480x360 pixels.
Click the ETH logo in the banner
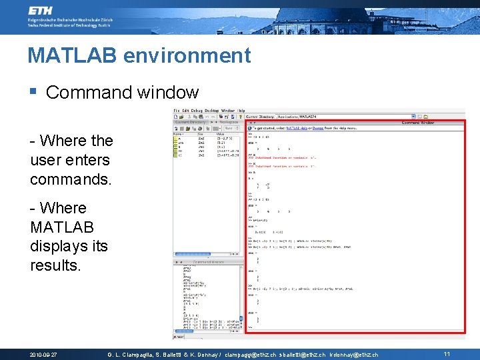(41, 11)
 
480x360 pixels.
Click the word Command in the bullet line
(83, 92)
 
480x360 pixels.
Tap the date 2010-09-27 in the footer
(43, 354)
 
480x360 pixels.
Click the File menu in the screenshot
(177, 110)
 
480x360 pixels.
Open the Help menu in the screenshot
(241, 110)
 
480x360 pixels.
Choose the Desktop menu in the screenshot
(211, 110)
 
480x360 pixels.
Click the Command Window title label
(417, 123)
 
